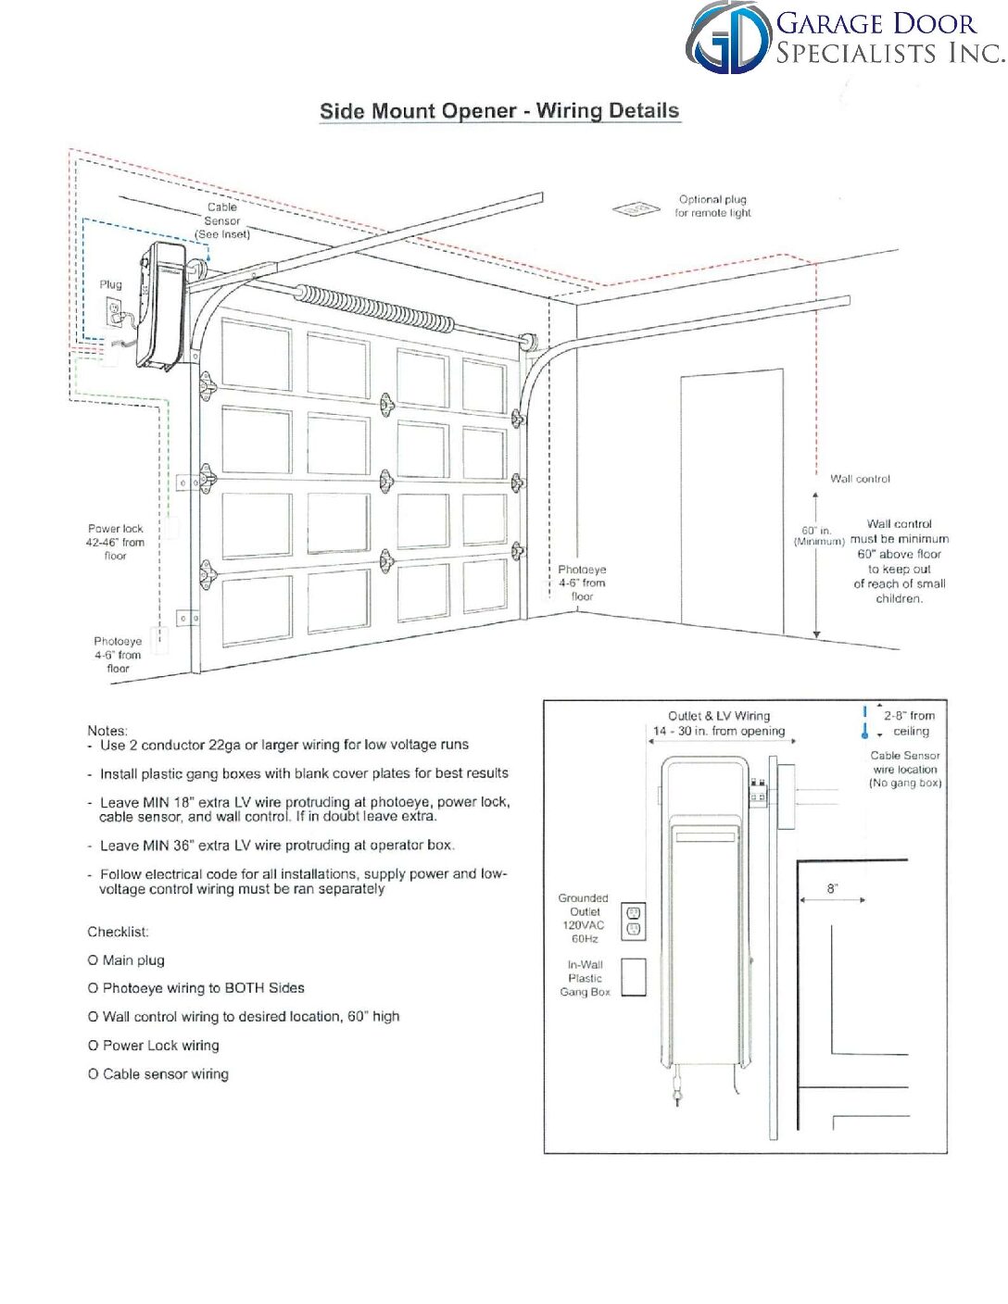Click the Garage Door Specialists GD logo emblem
pyautogui.click(x=728, y=38)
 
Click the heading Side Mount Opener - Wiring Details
pyautogui.click(x=499, y=111)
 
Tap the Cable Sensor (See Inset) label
pyautogui.click(x=222, y=220)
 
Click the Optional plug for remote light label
pyautogui.click(x=712, y=206)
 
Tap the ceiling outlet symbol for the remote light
pyautogui.click(x=636, y=209)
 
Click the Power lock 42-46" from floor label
pyautogui.click(x=116, y=542)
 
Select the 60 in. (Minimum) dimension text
pyautogui.click(x=818, y=536)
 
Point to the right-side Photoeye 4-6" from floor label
pyautogui.click(x=582, y=583)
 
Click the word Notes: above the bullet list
pyautogui.click(x=107, y=731)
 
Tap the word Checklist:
pyautogui.click(x=118, y=932)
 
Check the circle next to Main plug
pyautogui.click(x=93, y=960)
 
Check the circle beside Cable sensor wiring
pyautogui.click(x=93, y=1074)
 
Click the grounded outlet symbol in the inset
pyautogui.click(x=634, y=921)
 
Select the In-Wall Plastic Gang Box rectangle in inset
pyautogui.click(x=634, y=977)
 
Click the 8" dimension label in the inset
pyautogui.click(x=832, y=889)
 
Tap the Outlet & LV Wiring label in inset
pyautogui.click(x=719, y=716)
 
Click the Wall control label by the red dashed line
pyautogui.click(x=860, y=479)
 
